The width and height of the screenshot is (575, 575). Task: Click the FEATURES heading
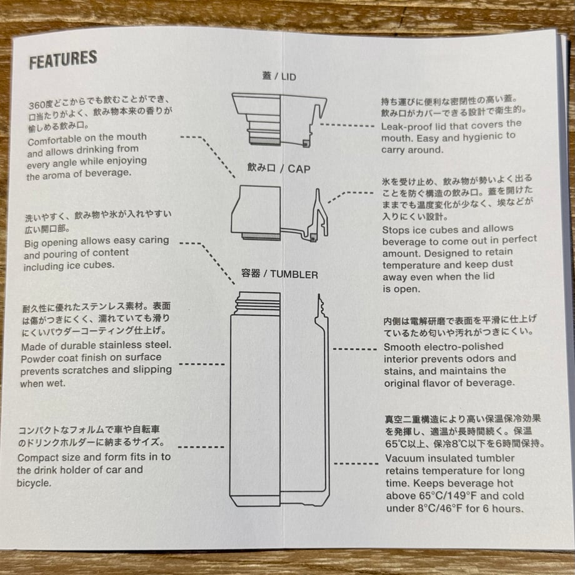coord(63,59)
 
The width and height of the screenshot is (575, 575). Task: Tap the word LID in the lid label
coord(289,77)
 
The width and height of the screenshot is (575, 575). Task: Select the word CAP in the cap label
coord(299,169)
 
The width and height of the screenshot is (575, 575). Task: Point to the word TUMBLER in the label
coord(294,274)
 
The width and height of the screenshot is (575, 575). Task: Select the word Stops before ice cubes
coord(395,230)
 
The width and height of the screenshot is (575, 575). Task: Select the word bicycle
coord(34,483)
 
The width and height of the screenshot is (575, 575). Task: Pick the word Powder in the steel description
coord(37,359)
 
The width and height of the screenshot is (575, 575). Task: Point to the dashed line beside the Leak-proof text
coord(347,126)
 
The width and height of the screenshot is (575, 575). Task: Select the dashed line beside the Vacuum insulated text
coord(356,464)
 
